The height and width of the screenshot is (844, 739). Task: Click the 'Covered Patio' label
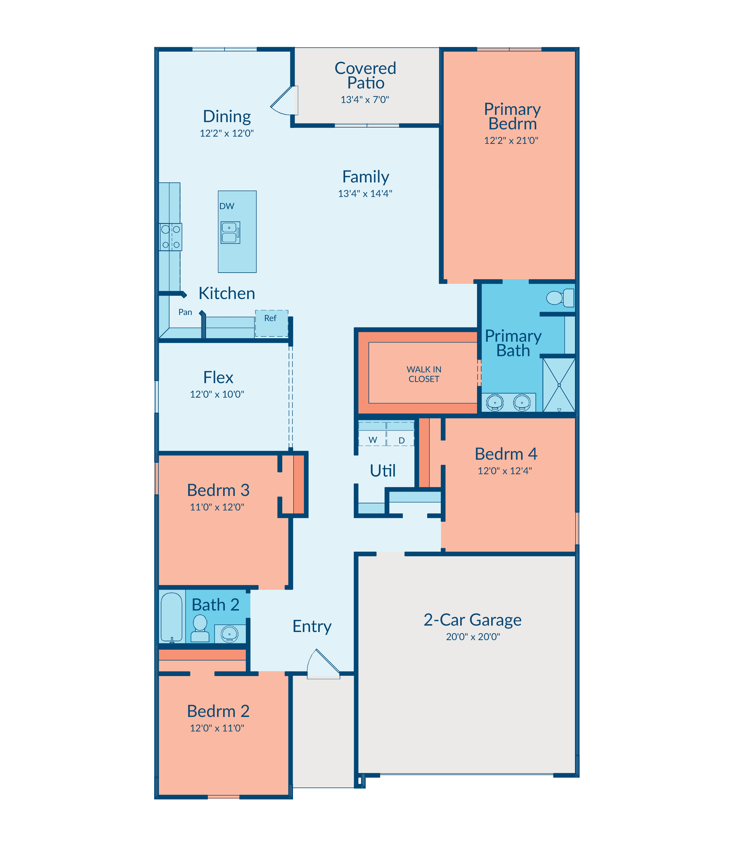point(365,75)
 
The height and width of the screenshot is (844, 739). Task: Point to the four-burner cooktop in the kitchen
point(171,237)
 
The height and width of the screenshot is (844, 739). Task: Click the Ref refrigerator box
point(271,324)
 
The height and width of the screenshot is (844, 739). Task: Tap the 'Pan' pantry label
point(185,312)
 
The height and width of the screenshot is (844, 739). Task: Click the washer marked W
point(372,434)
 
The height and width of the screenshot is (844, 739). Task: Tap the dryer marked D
point(401,434)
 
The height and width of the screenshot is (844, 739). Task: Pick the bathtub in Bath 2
point(171,617)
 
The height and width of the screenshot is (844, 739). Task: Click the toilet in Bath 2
point(200,628)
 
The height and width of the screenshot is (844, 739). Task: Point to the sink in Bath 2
point(229,633)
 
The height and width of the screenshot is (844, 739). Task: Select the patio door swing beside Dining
point(284,100)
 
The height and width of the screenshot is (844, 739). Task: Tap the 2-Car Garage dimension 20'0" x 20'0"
point(473,637)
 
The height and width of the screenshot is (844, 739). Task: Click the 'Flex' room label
point(218,378)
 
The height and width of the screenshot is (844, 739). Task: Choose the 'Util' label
point(383,470)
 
